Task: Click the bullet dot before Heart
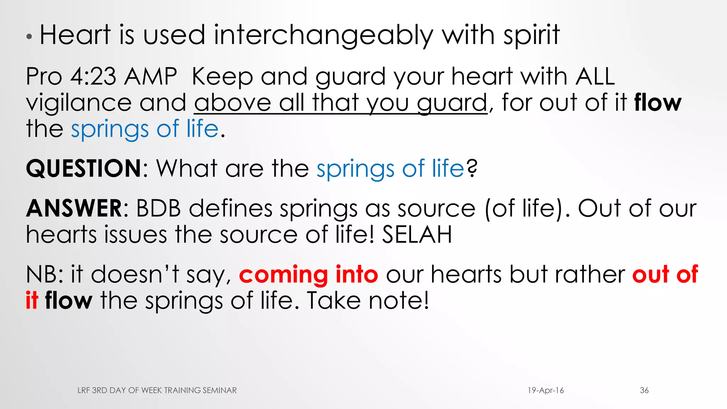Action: (29, 37)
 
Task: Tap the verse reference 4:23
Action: (93, 76)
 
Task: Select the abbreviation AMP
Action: (151, 76)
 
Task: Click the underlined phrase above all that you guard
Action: (341, 103)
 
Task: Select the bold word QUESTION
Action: (84, 168)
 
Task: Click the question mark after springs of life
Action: (472, 168)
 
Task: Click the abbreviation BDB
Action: (158, 208)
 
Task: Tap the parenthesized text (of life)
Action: (524, 208)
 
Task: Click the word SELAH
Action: (417, 235)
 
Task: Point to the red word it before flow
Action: (32, 300)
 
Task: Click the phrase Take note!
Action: (368, 300)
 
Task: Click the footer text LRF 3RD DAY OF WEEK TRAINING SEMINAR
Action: (157, 390)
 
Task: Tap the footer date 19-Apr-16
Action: (546, 390)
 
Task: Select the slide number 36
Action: (644, 390)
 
